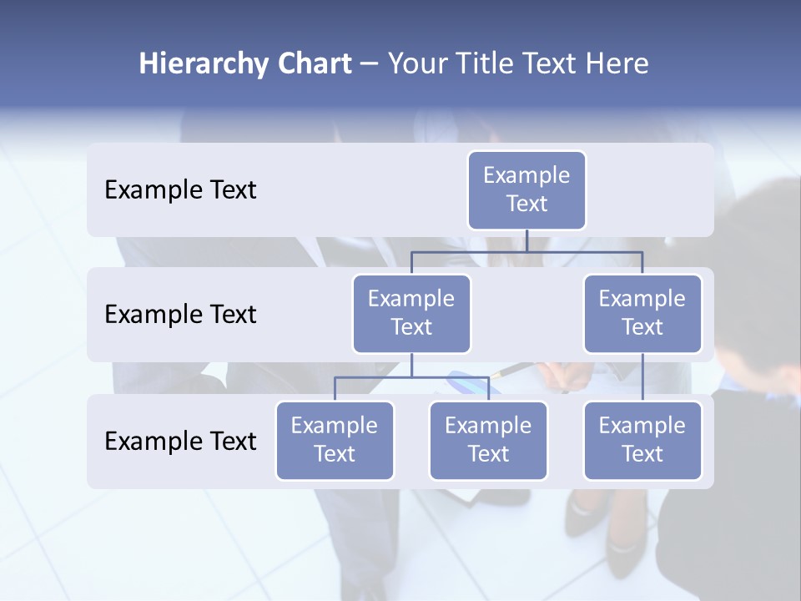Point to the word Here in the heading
click(615, 64)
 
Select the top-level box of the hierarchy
click(526, 189)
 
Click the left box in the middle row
click(411, 313)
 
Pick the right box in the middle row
click(642, 313)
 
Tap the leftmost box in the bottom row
click(335, 440)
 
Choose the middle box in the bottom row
click(488, 440)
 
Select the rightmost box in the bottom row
click(642, 440)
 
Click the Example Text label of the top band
click(180, 189)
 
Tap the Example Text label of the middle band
click(180, 314)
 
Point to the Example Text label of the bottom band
click(180, 441)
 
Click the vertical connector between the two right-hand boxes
click(642, 377)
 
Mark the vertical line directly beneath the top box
click(526, 240)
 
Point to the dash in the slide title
click(370, 64)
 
